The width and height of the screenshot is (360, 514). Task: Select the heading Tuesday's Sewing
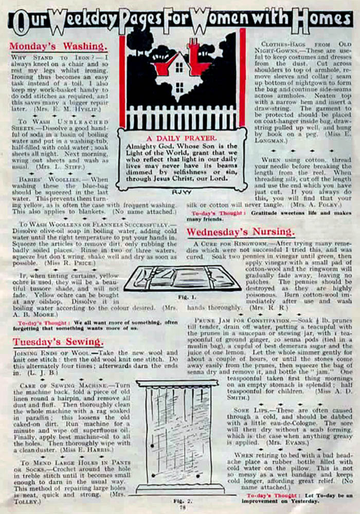coord(58,341)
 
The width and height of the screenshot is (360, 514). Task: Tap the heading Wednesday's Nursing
coord(241,231)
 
